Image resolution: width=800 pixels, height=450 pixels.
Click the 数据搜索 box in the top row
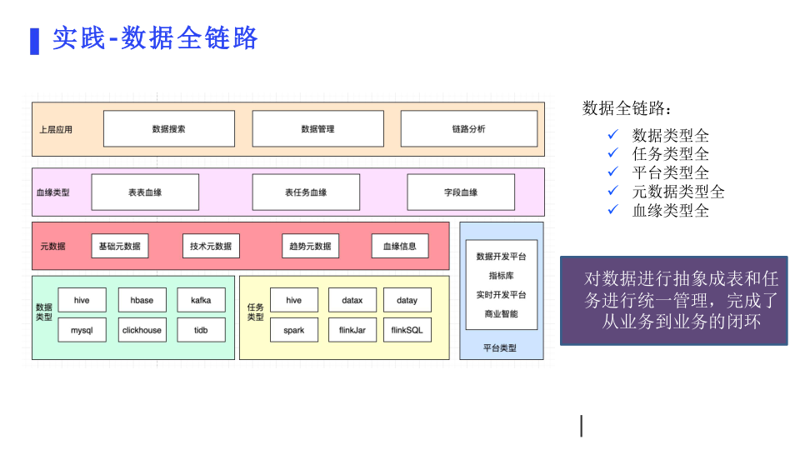[169, 128]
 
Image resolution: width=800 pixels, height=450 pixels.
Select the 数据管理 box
[317, 128]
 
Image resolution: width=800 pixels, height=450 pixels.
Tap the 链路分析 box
[469, 128]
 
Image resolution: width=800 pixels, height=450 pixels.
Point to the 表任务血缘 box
[306, 192]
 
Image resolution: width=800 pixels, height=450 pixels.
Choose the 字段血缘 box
[461, 192]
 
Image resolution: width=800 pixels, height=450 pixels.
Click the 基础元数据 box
[120, 246]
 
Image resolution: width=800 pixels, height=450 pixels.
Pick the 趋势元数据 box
[310, 246]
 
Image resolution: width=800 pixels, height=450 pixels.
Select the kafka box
[201, 300]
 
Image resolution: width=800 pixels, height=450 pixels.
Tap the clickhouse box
[142, 330]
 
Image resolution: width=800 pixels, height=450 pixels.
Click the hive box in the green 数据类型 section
[82, 300]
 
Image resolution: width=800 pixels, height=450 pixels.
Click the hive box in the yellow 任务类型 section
[294, 300]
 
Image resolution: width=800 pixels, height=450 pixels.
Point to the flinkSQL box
[407, 330]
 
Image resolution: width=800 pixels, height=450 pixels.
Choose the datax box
[352, 300]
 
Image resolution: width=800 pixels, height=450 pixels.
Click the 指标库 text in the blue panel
[502, 276]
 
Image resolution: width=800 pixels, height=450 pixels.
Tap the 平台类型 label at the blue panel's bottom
[500, 348]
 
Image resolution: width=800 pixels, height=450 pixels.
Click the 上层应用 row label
[56, 130]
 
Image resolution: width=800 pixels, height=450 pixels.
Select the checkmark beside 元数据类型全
[613, 191]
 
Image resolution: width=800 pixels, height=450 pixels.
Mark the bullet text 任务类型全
[670, 153]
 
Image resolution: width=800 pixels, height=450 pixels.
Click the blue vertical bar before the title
[35, 42]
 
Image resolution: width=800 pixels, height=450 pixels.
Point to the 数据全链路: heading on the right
[627, 108]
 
